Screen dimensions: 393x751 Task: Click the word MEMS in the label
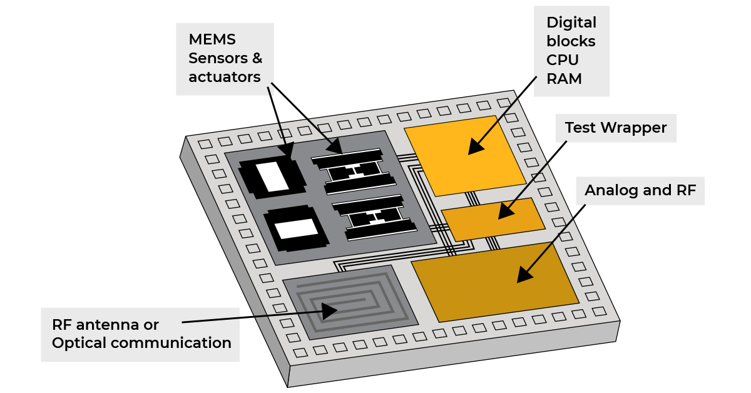coord(212,39)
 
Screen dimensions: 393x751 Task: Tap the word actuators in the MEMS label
coord(224,77)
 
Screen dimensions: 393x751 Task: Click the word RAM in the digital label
coord(564,79)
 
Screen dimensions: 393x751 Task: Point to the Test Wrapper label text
coord(616,128)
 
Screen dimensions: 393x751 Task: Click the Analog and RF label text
coord(640,190)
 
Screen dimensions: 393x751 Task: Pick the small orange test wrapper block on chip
coord(494,219)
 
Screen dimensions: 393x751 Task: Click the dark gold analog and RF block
coord(494,282)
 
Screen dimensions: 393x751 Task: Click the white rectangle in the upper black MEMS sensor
coord(272,176)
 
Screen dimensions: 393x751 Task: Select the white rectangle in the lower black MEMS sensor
coord(297,229)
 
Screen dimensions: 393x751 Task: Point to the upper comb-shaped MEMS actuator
coord(354,171)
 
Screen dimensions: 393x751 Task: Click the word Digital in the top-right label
coord(571,23)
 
